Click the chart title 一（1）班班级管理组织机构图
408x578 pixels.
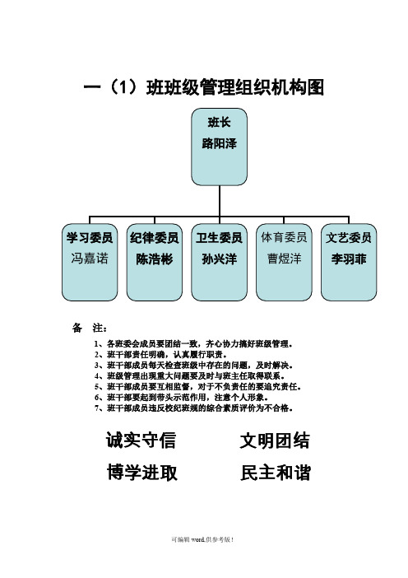coord(204,88)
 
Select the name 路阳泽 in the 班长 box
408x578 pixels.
coord(219,143)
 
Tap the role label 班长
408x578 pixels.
coord(219,123)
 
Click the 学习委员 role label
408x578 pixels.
coord(90,237)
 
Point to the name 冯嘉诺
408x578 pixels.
coord(90,258)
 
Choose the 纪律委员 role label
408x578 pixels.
coord(155,237)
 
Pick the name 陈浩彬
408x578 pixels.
coord(155,259)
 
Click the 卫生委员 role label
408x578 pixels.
coord(219,237)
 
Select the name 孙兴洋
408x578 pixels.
coord(219,259)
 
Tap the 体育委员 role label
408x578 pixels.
coord(284,237)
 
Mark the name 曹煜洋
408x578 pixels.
coord(284,259)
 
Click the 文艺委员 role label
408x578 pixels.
coord(348,237)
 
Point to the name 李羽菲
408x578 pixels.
coord(348,259)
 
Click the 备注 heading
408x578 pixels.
coord(90,328)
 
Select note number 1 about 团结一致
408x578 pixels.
coord(193,344)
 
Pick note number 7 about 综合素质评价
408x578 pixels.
coord(193,408)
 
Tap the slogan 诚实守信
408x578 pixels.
coord(141,440)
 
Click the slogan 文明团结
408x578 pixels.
coord(275,440)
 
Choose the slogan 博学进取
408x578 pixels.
coord(142,473)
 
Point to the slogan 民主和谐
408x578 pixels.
coord(276,473)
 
